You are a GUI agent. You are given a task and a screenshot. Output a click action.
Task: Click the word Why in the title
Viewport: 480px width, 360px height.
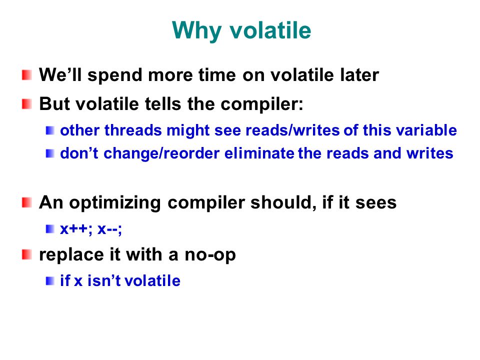click(196, 31)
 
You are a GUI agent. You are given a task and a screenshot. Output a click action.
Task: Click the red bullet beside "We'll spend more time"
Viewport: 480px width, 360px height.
click(27, 75)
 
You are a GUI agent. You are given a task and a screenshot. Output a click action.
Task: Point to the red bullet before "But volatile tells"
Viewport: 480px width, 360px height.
click(27, 104)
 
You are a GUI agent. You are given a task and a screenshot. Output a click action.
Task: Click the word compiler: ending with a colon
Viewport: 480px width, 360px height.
click(262, 104)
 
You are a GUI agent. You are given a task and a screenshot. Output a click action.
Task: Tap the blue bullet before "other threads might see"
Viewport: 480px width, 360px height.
click(50, 130)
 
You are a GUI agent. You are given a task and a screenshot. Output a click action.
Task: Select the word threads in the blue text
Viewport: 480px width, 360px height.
click(133, 130)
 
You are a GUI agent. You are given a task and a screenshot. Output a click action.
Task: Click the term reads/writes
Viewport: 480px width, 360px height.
click(292, 130)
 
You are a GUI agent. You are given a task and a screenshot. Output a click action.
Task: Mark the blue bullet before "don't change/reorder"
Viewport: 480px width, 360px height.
click(50, 153)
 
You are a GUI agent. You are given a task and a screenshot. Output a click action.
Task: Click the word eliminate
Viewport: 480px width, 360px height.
click(259, 153)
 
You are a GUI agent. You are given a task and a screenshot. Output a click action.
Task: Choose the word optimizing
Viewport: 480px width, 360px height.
click(115, 203)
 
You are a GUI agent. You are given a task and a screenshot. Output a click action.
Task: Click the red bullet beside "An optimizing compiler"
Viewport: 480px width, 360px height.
click(27, 202)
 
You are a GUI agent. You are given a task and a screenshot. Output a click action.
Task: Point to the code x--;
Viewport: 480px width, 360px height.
click(109, 229)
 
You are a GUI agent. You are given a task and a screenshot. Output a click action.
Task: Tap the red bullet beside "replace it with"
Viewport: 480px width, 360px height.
click(27, 254)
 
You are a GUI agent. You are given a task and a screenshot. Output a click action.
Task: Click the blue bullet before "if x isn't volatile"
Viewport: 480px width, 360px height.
click(50, 281)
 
